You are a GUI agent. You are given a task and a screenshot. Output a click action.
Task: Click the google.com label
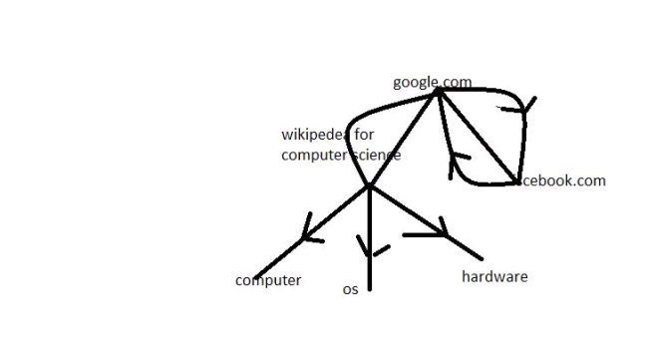click(432, 82)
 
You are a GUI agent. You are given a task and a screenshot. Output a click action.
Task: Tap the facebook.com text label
click(563, 180)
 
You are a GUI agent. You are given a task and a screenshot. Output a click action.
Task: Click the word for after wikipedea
click(365, 135)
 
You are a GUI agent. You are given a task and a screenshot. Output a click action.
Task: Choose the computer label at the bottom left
click(268, 280)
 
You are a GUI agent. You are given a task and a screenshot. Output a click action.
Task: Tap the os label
click(350, 289)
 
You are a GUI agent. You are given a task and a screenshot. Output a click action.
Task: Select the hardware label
click(494, 276)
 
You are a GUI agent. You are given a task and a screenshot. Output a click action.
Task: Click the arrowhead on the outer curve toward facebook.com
click(526, 106)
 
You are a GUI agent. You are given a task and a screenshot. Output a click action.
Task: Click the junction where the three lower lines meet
click(369, 185)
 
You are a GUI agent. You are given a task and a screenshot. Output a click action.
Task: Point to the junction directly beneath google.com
click(439, 90)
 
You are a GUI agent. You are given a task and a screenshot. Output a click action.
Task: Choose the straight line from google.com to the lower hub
click(404, 138)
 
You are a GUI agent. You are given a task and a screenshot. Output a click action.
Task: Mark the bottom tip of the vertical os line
click(370, 289)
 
